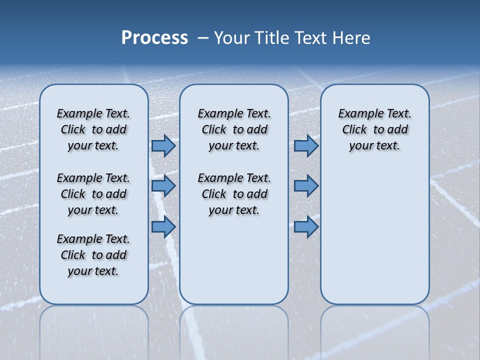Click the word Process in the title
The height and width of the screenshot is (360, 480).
[154, 38]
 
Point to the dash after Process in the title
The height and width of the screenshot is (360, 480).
[203, 38]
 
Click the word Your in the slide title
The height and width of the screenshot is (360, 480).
[232, 38]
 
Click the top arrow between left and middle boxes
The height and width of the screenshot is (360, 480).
[163, 146]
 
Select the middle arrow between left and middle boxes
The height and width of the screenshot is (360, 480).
[163, 186]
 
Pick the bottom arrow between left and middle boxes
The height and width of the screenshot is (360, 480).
[163, 227]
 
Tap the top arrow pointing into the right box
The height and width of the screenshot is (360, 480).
[306, 146]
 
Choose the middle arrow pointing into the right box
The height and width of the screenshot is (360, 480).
[306, 186]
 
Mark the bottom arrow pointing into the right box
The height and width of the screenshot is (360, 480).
[306, 227]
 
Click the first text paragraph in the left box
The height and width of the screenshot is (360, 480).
[93, 129]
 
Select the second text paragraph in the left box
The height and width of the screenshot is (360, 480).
[93, 194]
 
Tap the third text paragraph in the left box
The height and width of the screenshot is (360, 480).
[93, 255]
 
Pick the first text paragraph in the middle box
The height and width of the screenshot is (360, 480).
[234, 129]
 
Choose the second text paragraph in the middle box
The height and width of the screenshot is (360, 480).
[234, 194]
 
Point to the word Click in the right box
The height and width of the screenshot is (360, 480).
[354, 130]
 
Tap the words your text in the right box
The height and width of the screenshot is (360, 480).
[374, 146]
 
